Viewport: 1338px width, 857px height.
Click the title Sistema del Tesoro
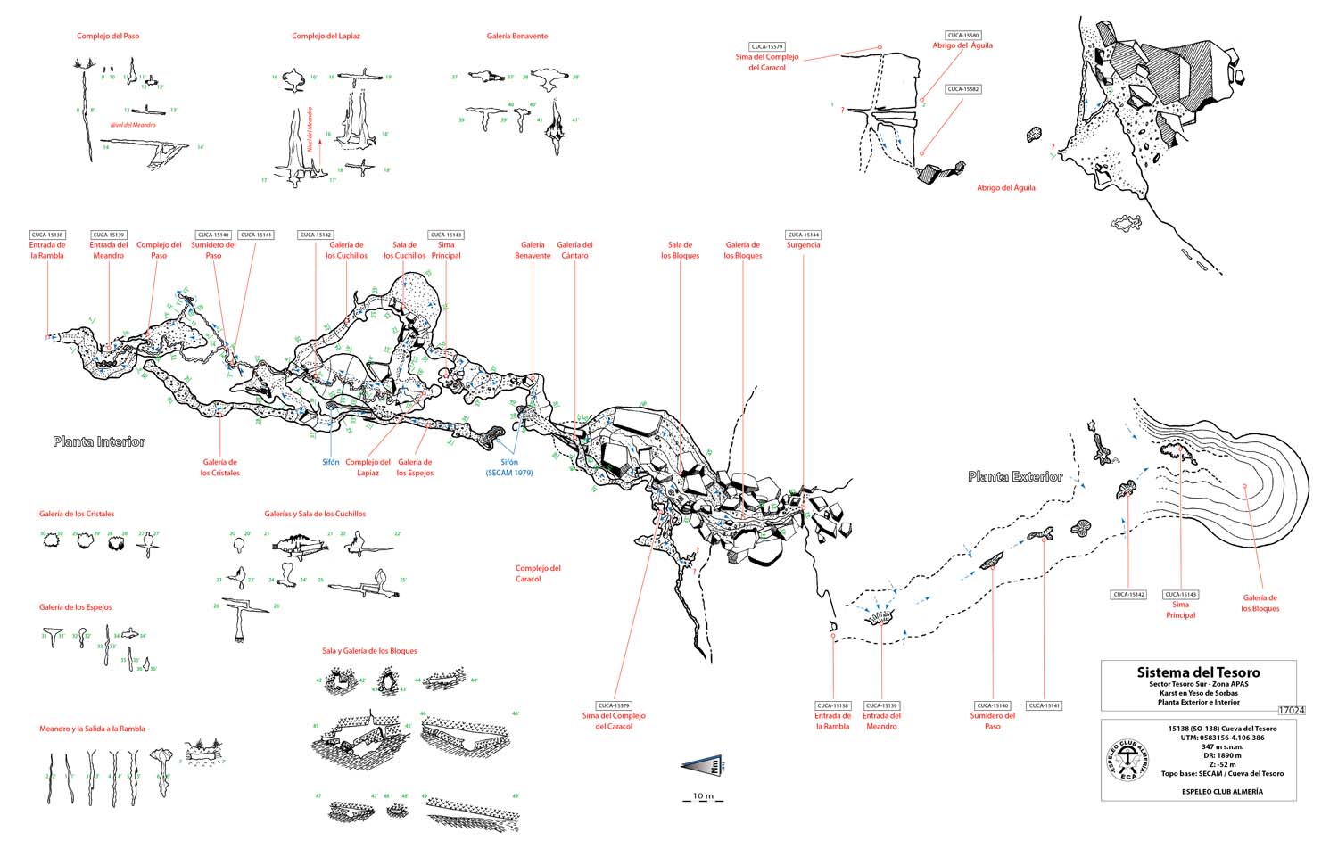click(1198, 672)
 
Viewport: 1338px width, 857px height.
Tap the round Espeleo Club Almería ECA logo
click(1127, 761)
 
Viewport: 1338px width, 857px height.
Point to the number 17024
click(1291, 711)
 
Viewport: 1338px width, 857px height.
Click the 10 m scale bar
click(703, 796)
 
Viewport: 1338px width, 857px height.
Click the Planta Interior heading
click(98, 442)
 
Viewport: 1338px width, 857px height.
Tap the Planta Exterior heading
click(1015, 477)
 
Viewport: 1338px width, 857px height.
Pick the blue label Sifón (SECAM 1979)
click(509, 467)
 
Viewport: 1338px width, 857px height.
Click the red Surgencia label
click(803, 245)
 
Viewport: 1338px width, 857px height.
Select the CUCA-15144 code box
click(803, 235)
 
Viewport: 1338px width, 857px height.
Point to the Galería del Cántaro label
click(574, 251)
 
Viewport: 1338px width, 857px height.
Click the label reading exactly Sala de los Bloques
click(680, 251)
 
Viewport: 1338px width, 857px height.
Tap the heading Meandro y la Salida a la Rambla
click(92, 729)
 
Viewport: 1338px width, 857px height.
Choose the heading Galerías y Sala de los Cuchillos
click(315, 514)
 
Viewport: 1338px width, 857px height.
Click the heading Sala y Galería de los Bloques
click(369, 651)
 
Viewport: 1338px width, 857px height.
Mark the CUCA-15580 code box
click(963, 36)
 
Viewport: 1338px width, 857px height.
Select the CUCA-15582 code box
click(963, 89)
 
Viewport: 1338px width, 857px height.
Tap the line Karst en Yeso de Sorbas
click(1198, 693)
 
